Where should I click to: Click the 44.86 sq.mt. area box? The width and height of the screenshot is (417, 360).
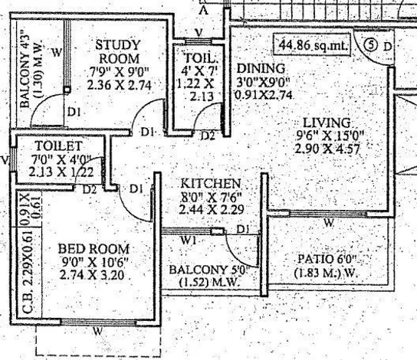coord(313,45)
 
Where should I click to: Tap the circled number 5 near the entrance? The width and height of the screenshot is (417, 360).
coord(371,44)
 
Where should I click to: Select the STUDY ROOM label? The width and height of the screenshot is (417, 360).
coord(118,52)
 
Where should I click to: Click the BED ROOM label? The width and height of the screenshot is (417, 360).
coord(94,249)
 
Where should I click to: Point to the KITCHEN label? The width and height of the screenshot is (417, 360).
coord(211,184)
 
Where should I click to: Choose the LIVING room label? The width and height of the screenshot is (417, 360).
coord(327,123)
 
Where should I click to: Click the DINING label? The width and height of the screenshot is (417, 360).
coord(261,69)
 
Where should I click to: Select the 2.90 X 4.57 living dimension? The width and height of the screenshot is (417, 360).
coord(327,149)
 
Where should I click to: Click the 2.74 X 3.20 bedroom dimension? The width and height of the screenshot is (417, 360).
coord(92,275)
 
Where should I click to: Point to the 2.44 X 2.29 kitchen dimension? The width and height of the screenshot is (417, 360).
coord(212,210)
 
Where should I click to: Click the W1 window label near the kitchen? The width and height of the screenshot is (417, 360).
coord(189,241)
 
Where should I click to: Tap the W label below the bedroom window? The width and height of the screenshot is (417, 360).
coord(98,331)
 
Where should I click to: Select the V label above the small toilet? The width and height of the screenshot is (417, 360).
coord(199,33)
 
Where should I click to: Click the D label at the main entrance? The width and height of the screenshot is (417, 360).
coord(387,47)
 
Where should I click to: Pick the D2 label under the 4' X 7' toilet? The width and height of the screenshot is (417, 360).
coord(208,136)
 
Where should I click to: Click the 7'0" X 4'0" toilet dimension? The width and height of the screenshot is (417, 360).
coord(61,159)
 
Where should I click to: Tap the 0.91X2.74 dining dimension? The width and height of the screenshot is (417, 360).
coord(264,95)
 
